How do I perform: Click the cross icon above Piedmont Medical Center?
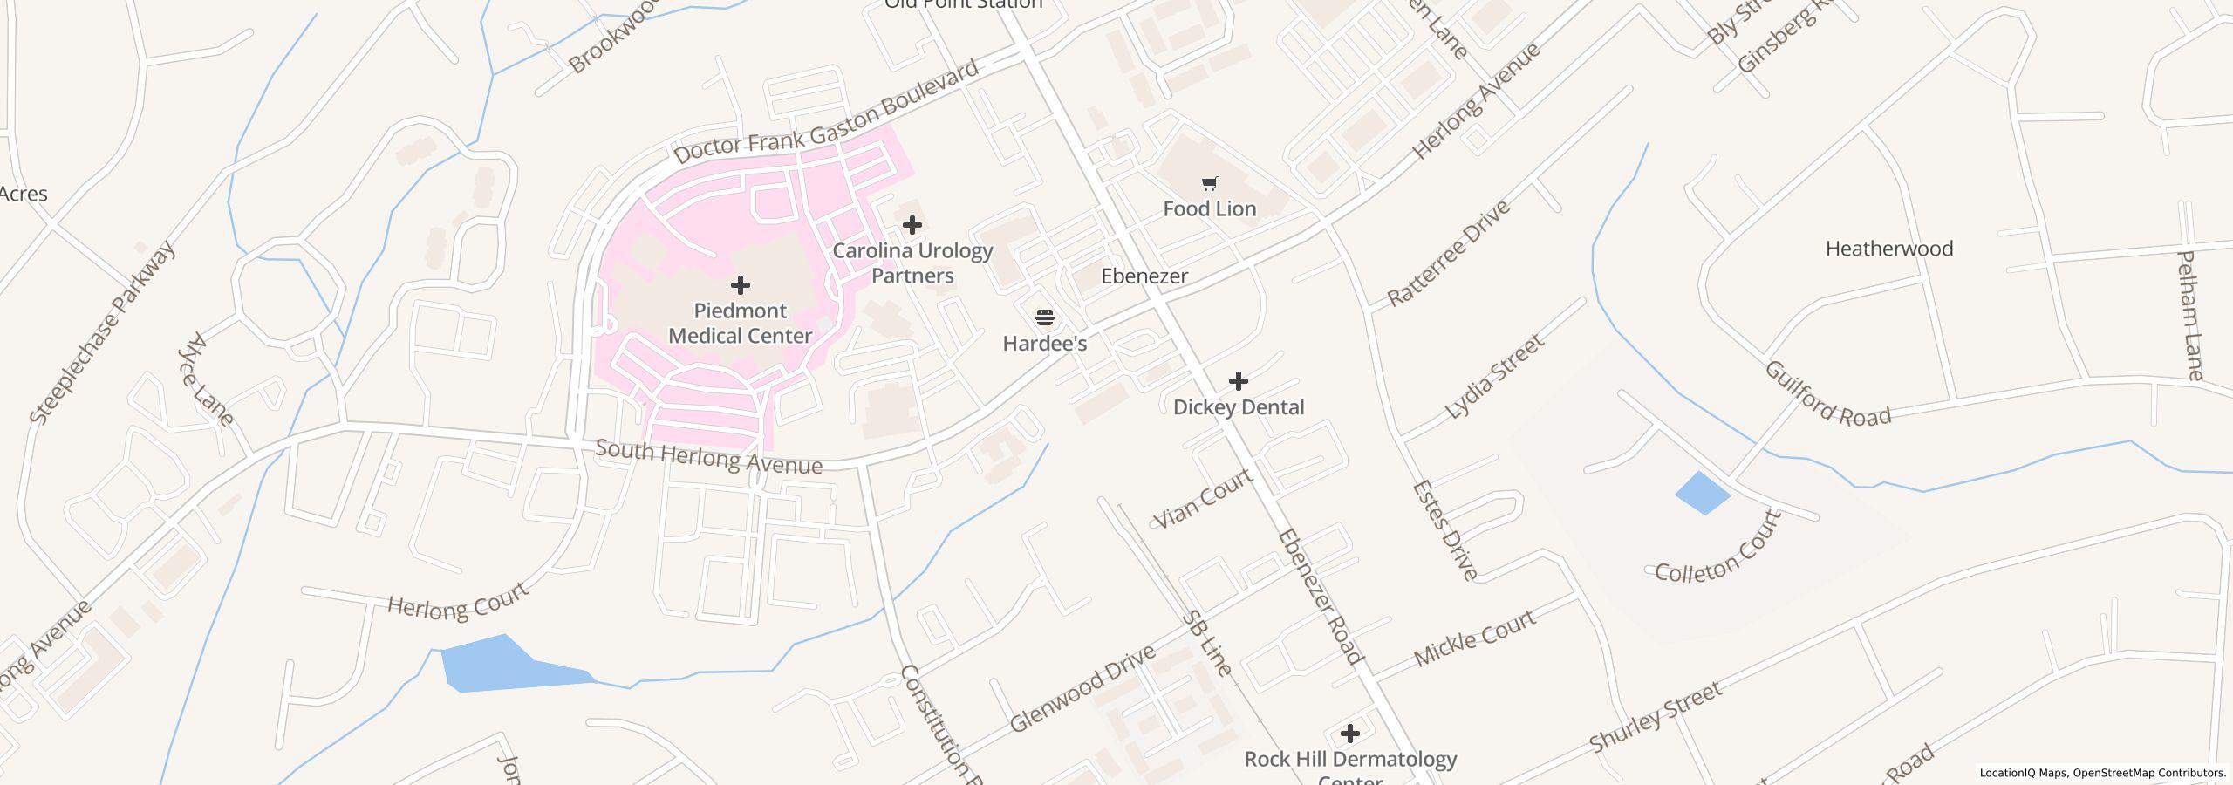click(x=740, y=285)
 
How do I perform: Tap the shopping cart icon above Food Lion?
click(x=1209, y=183)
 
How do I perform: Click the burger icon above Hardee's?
click(x=1044, y=317)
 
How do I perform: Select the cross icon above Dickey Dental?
click(x=1238, y=381)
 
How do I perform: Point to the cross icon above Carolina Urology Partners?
click(x=912, y=225)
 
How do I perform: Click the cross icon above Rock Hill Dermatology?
click(x=1349, y=734)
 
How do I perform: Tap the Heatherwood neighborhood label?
click(x=1888, y=249)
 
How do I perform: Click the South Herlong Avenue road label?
click(x=708, y=458)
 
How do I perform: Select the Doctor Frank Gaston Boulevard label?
click(x=826, y=113)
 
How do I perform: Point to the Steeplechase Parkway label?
click(x=103, y=332)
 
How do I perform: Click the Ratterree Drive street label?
click(x=1448, y=254)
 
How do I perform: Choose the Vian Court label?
click(x=1203, y=498)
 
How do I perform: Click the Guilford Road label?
click(x=1827, y=394)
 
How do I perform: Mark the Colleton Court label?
click(x=1717, y=549)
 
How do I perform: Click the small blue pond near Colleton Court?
click(x=1702, y=493)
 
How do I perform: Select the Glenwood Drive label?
click(x=1082, y=688)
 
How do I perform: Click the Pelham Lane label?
click(x=2190, y=316)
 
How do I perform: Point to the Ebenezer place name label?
click(x=1144, y=276)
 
